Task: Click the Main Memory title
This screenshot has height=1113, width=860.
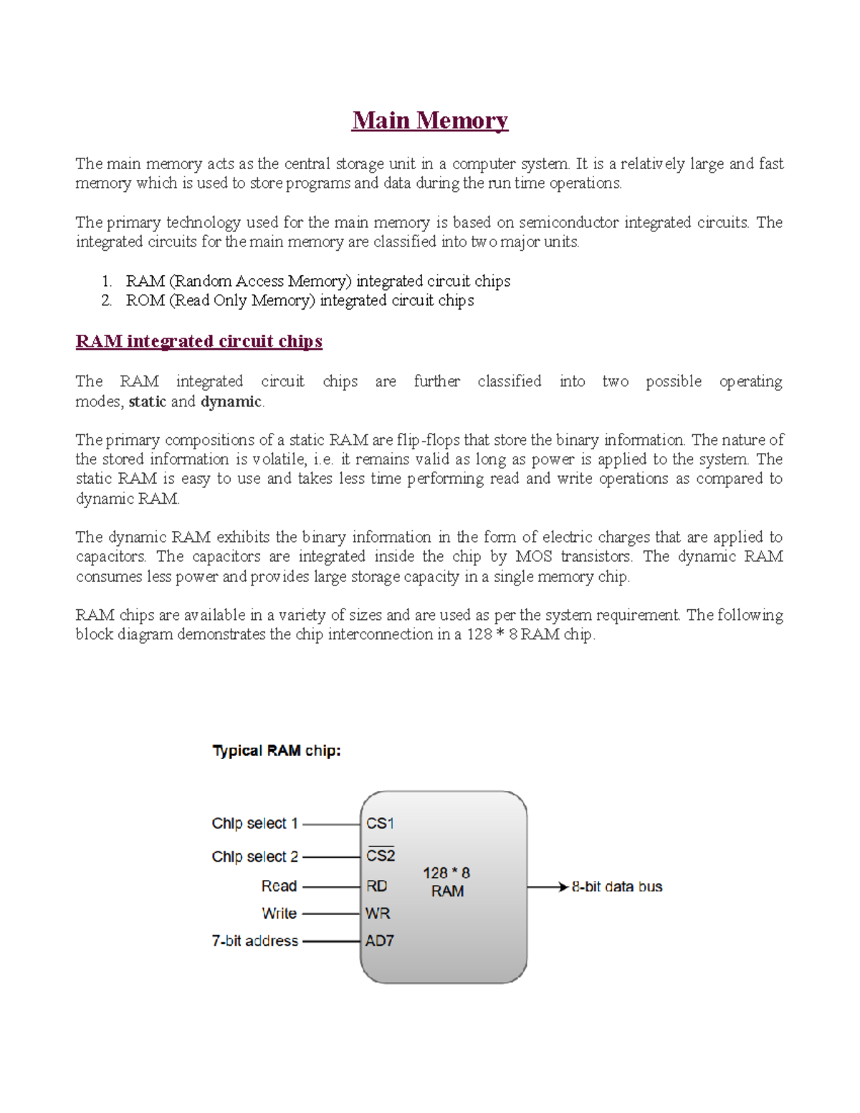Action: [429, 120]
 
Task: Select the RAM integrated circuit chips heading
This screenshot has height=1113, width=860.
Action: [199, 341]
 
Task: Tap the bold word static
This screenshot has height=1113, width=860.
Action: [147, 401]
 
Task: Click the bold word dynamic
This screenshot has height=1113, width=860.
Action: [231, 401]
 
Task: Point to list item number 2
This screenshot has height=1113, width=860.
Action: [107, 300]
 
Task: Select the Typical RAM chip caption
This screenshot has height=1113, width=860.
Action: [276, 751]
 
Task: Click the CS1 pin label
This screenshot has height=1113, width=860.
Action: [380, 823]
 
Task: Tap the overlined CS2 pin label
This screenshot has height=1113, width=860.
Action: [381, 856]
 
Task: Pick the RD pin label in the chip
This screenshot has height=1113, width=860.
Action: [377, 887]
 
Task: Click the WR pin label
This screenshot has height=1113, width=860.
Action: [378, 914]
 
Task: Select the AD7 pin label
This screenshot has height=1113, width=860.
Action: [379, 941]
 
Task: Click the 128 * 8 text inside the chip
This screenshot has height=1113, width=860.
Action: [446, 873]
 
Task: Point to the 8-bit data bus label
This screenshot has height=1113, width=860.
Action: [616, 887]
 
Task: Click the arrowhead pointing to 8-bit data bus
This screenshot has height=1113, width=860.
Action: [563, 887]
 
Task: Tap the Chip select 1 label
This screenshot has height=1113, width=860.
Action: [254, 823]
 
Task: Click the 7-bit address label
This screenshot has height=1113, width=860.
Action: [254, 941]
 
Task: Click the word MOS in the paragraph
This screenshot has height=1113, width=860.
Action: [533, 557]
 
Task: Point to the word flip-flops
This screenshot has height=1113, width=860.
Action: [428, 440]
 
